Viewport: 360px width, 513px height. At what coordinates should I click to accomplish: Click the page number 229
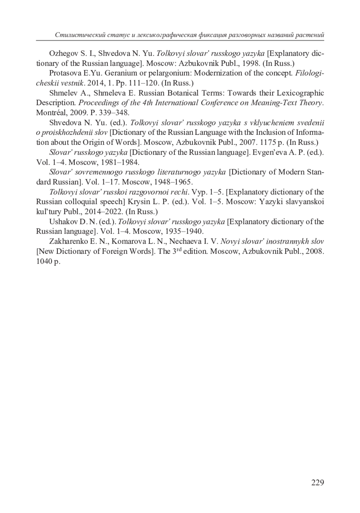[x=317, y=482]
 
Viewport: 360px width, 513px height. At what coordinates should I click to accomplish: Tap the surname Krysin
[x=138, y=202]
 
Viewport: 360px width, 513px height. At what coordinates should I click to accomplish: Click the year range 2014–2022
[x=104, y=212]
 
